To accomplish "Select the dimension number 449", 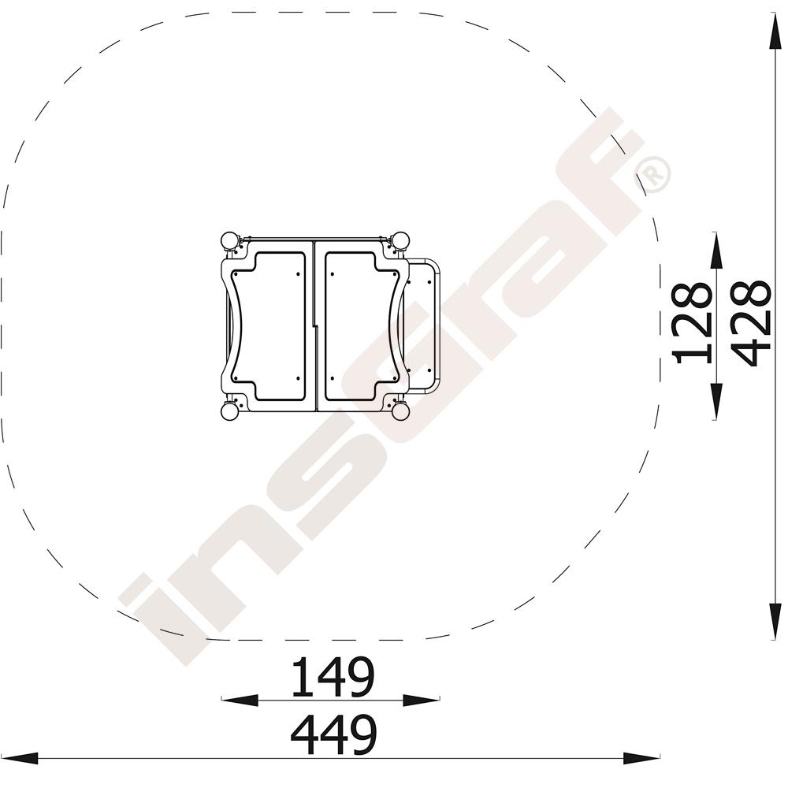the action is pyautogui.click(x=333, y=735).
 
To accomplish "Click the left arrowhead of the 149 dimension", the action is pyautogui.click(x=240, y=700).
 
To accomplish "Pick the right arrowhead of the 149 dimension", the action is pyautogui.click(x=422, y=700).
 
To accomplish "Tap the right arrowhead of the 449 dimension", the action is pyautogui.click(x=641, y=758).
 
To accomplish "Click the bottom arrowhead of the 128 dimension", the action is pyautogui.click(x=716, y=401).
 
